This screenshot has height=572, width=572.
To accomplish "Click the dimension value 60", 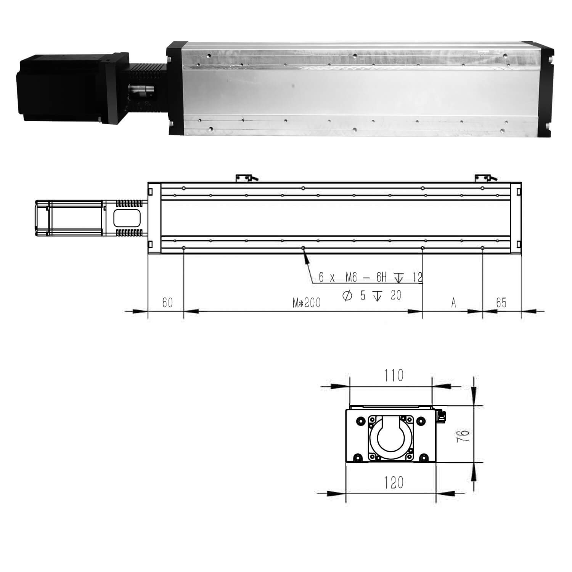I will pyautogui.click(x=167, y=303).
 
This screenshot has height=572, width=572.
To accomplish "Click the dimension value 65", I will pyautogui.click(x=501, y=303).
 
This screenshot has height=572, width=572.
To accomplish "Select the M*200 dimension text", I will pyautogui.click(x=307, y=303).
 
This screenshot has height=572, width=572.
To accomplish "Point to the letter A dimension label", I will pyautogui.click(x=453, y=303).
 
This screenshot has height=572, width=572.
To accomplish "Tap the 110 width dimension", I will pyautogui.click(x=393, y=376).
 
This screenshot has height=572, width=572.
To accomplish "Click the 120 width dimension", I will pyautogui.click(x=394, y=483).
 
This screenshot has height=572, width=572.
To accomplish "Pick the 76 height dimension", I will pyautogui.click(x=463, y=435).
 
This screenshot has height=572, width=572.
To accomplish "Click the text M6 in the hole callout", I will pyautogui.click(x=351, y=278).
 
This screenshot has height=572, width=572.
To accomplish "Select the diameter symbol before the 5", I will pyautogui.click(x=347, y=296).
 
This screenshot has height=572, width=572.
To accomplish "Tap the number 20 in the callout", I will pyautogui.click(x=396, y=295).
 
